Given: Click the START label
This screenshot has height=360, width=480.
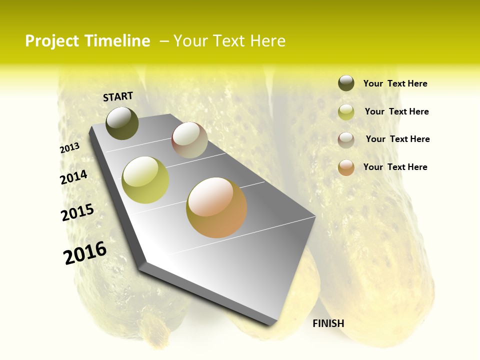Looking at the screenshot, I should (x=118, y=96).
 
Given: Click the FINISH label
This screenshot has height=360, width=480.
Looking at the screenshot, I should (x=328, y=323).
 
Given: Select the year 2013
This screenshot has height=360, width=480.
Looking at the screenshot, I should (x=70, y=147).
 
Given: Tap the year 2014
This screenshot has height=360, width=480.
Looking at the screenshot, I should (x=74, y=177).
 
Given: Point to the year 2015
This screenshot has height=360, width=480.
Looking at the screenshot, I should (x=77, y=212).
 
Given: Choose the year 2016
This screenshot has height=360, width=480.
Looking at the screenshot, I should (x=85, y=253).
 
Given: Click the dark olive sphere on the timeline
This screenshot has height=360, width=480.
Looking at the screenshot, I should (x=122, y=123).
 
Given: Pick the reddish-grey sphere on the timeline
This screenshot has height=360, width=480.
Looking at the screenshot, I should (x=189, y=140).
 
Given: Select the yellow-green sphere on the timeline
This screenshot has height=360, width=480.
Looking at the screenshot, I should (x=145, y=179).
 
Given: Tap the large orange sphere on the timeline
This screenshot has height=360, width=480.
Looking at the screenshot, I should (x=216, y=207).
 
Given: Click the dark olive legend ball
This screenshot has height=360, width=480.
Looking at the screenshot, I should (x=346, y=83).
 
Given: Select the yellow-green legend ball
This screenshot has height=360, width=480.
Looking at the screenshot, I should (x=346, y=112).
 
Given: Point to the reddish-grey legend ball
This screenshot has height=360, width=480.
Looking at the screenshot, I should (x=346, y=140).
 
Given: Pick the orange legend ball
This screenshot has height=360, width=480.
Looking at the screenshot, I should (x=346, y=167).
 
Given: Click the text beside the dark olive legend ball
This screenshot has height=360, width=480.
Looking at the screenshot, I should (x=395, y=84).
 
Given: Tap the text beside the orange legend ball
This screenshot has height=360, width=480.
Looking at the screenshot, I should (x=395, y=167).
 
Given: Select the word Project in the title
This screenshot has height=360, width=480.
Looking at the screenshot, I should (x=52, y=41).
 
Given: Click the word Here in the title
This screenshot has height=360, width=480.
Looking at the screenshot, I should (x=267, y=41).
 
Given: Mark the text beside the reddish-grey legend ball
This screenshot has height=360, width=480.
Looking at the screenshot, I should (x=397, y=139).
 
